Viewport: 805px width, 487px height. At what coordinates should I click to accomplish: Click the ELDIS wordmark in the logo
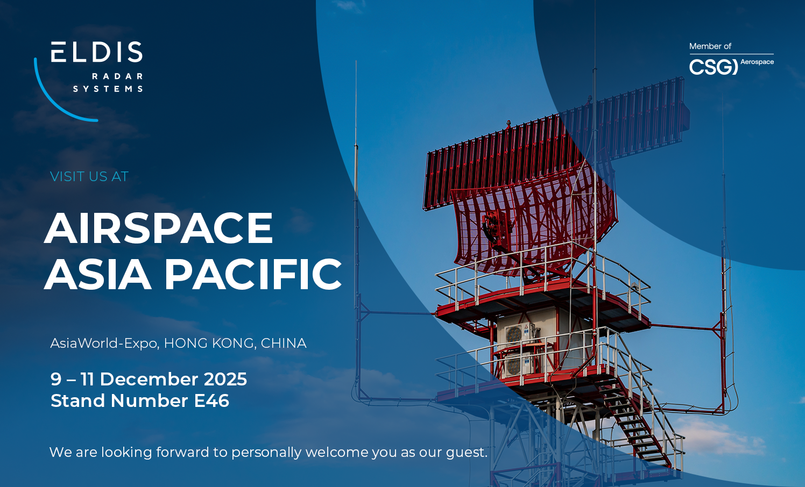pyautogui.click(x=97, y=52)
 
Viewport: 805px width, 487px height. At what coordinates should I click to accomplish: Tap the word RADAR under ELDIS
pyautogui.click(x=117, y=76)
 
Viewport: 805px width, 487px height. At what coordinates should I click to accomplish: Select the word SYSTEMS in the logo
pyautogui.click(x=108, y=89)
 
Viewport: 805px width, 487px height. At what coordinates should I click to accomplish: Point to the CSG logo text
pyautogui.click(x=713, y=67)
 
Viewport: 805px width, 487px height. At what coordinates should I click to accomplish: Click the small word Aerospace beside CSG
pyautogui.click(x=757, y=62)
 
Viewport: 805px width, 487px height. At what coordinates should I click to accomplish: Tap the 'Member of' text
pyautogui.click(x=710, y=46)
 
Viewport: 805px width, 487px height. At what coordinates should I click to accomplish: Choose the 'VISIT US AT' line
pyautogui.click(x=89, y=176)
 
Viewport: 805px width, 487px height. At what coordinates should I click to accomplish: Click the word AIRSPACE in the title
pyautogui.click(x=159, y=228)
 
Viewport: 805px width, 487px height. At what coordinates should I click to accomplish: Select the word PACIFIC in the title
pyautogui.click(x=253, y=274)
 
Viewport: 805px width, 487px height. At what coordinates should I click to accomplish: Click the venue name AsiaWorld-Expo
pyautogui.click(x=104, y=343)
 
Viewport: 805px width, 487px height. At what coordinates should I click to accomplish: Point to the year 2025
pyautogui.click(x=225, y=379)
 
